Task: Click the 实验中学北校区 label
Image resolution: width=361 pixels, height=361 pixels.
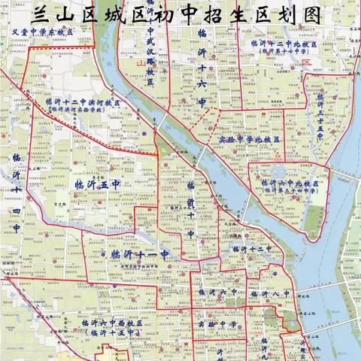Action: (x=250, y=140)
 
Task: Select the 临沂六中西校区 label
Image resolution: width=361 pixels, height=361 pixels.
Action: (x=111, y=322)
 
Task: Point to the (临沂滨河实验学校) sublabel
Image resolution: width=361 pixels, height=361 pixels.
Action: (x=85, y=110)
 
